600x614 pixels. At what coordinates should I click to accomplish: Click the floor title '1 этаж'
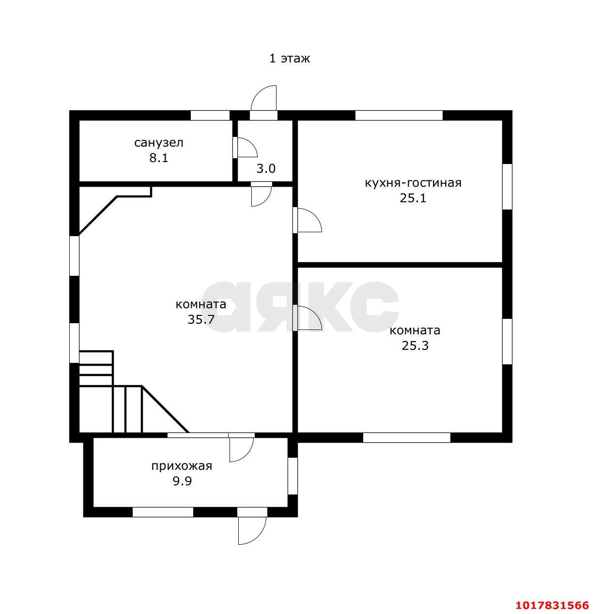pyautogui.click(x=289, y=59)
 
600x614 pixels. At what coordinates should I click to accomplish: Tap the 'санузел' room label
pyautogui.click(x=158, y=143)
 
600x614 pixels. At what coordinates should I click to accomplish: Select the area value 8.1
pyautogui.click(x=158, y=158)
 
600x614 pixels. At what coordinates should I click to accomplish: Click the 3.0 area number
pyautogui.click(x=265, y=168)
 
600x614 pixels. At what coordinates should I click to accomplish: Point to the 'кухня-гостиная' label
pyautogui.click(x=413, y=183)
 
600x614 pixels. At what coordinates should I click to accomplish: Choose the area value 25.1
pyautogui.click(x=413, y=198)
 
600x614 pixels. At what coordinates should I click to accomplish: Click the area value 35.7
pyautogui.click(x=201, y=320)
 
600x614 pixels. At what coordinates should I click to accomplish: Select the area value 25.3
pyautogui.click(x=415, y=346)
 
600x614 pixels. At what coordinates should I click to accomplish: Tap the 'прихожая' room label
pyautogui.click(x=182, y=466)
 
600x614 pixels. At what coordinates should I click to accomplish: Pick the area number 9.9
pyautogui.click(x=182, y=481)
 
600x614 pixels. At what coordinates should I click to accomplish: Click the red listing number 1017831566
pyautogui.click(x=553, y=596)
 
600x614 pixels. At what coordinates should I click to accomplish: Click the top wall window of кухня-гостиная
pyautogui.click(x=399, y=116)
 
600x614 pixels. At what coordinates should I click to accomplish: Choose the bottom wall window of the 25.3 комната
pyautogui.click(x=406, y=437)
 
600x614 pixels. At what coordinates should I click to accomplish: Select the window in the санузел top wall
pyautogui.click(x=210, y=116)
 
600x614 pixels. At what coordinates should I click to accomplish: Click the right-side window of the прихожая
pyautogui.click(x=292, y=476)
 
